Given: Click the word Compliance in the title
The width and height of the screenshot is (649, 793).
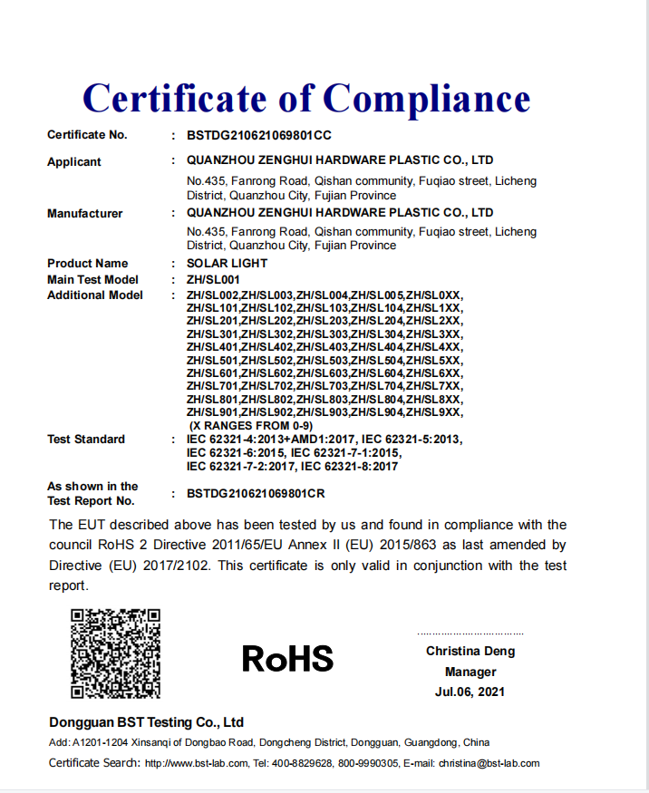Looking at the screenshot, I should [426, 98].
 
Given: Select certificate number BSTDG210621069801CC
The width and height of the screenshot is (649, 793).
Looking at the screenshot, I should [258, 136].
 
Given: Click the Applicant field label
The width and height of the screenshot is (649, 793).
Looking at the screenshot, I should [74, 162].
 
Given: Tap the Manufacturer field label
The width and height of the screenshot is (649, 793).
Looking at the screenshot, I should [84, 214].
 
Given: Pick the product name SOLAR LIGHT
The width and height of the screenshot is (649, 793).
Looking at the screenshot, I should [227, 264].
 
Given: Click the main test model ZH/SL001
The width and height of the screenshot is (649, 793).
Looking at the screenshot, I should [213, 280].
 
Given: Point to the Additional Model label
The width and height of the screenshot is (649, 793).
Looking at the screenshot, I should [94, 295].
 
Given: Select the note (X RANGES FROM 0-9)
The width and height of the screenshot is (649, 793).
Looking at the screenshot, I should [250, 425].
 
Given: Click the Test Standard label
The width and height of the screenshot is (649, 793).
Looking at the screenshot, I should [86, 440].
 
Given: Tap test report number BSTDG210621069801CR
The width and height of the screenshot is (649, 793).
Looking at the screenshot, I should [256, 494].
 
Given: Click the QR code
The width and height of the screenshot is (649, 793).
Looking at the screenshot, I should [115, 653].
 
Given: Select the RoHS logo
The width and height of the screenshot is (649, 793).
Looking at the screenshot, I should [287, 659].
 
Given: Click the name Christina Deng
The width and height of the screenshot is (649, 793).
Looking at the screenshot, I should [470, 652].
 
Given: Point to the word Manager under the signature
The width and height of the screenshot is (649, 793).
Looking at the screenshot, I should [470, 672].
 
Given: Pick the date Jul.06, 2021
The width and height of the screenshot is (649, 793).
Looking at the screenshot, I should [470, 692].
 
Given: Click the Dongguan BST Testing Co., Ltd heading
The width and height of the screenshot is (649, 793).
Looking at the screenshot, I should [147, 722].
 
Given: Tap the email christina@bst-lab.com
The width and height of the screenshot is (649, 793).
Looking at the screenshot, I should [489, 763].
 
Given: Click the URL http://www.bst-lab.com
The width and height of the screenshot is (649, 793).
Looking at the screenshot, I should [196, 763].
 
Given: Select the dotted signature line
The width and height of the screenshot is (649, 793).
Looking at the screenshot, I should [470, 633].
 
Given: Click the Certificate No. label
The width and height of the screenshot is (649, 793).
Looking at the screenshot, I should [87, 135].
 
